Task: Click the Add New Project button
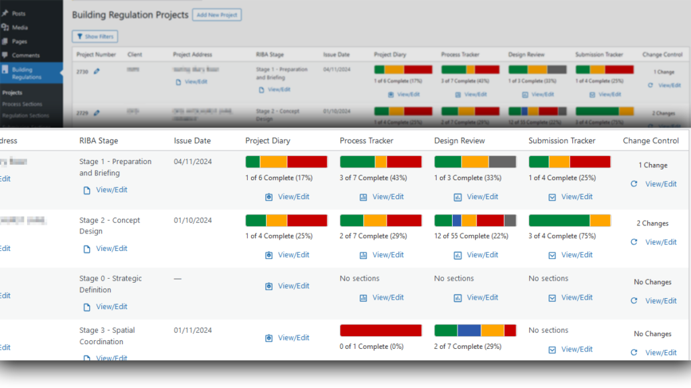217,15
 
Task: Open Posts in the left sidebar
18,13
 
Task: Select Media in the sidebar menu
20,27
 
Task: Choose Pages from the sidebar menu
20,41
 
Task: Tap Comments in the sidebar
26,55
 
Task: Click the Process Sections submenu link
22,104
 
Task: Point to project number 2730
82,71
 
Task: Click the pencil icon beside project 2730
96,71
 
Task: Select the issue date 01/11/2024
193,330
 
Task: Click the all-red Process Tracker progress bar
381,330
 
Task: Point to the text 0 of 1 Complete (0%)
371,346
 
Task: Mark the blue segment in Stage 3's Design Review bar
469,330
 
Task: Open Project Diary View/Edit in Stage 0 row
293,286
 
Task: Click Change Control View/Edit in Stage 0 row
660,301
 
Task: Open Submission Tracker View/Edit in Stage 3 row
576,349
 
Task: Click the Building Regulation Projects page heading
130,15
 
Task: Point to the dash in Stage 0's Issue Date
177,279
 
